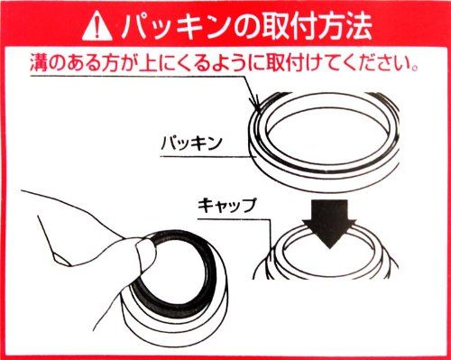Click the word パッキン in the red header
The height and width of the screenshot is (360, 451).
pos(173,27)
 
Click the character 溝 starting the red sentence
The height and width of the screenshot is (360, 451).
pos(38,63)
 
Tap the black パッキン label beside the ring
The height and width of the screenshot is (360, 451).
pos(191,143)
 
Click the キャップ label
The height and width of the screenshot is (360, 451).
pos(226,206)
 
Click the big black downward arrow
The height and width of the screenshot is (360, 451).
pos(329,223)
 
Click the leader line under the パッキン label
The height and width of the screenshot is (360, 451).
pos(208,156)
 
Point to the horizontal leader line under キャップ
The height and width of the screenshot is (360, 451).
pos(234,218)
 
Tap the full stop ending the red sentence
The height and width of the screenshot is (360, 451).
pos(415,68)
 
